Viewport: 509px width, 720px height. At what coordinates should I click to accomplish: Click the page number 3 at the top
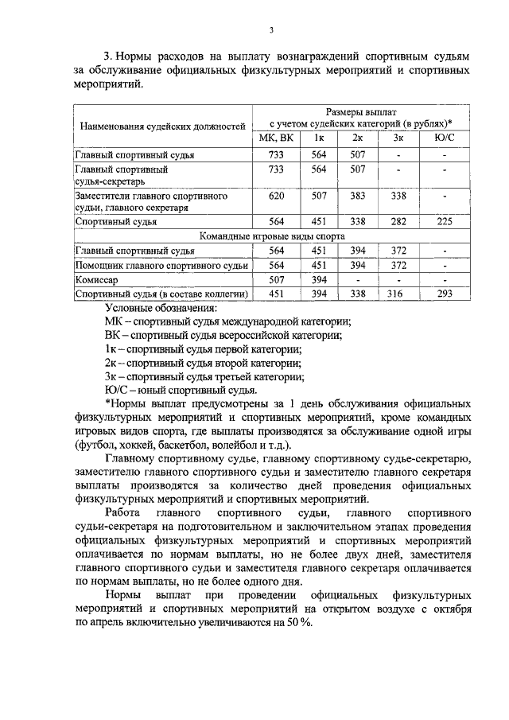click(271, 31)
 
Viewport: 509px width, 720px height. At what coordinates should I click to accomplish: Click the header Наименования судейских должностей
click(161, 126)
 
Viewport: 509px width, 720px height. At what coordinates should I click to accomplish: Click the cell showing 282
click(398, 222)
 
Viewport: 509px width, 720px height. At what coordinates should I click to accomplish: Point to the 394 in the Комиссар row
click(318, 279)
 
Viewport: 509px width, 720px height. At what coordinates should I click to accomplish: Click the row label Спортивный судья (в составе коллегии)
click(161, 294)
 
